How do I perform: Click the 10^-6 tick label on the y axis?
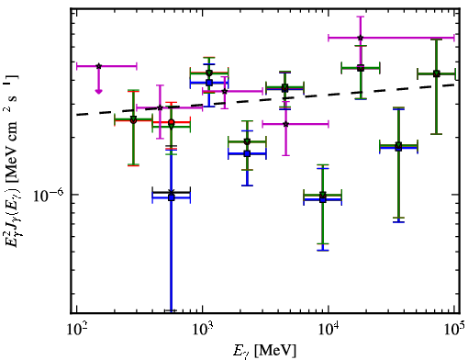pos(49,195)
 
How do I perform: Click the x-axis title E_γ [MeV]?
pos(264,351)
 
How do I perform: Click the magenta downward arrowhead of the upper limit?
pos(98,91)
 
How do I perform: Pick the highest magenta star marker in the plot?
pos(361,38)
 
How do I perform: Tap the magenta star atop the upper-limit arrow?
pos(98,66)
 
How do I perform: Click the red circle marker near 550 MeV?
pos(172,122)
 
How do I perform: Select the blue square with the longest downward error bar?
pos(172,197)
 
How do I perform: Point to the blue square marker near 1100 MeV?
pos(209,83)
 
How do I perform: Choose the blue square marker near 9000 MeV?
pos(323,199)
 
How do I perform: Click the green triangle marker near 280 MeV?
pos(133,118)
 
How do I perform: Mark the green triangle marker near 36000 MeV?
pos(398,145)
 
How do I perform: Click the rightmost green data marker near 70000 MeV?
pos(437,73)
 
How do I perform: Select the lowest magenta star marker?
pos(285,124)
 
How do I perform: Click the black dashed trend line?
pos(265,99)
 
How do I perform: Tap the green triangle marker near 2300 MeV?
pos(247,141)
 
